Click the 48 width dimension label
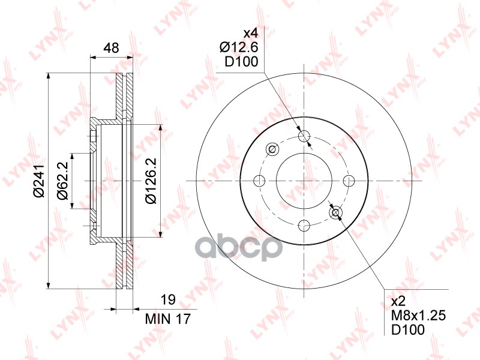111,48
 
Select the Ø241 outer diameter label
39,181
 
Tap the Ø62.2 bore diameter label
62,181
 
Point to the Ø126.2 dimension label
151,181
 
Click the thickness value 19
168,299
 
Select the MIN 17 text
168,319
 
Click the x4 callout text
251,32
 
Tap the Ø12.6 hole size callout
239,47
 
